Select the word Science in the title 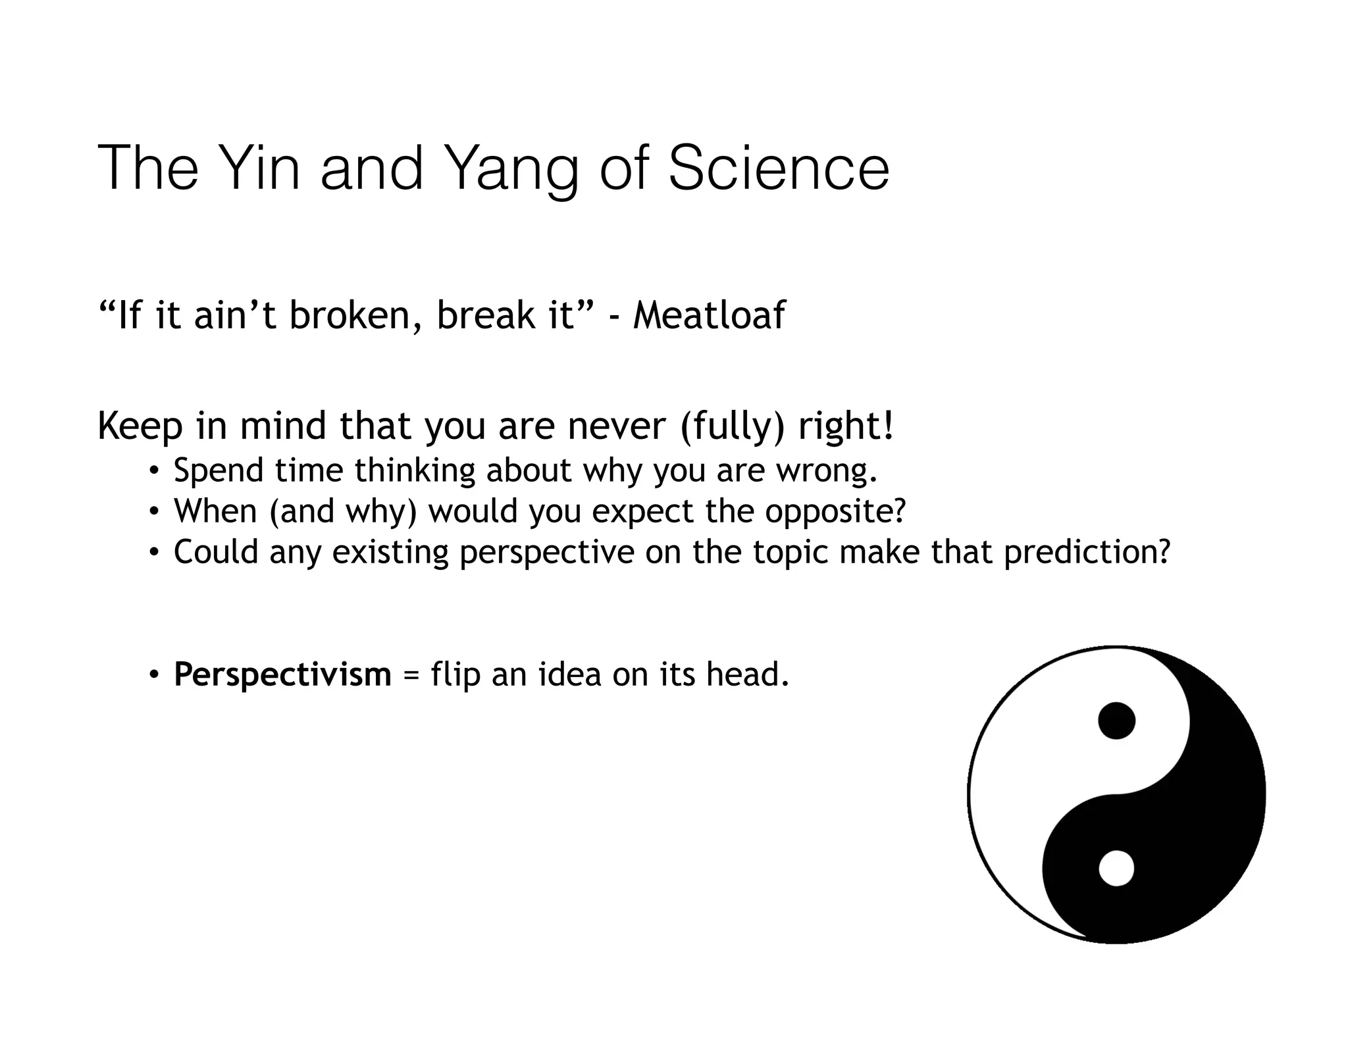pos(778,168)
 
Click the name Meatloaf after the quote pos(709,315)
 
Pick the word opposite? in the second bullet pos(835,512)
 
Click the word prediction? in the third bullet pos(1087,552)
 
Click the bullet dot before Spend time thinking pos(153,471)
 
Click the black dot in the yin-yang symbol pos(1116,720)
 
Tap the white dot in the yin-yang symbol pos(1116,868)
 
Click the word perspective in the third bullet pos(546,552)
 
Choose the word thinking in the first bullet pos(415,471)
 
